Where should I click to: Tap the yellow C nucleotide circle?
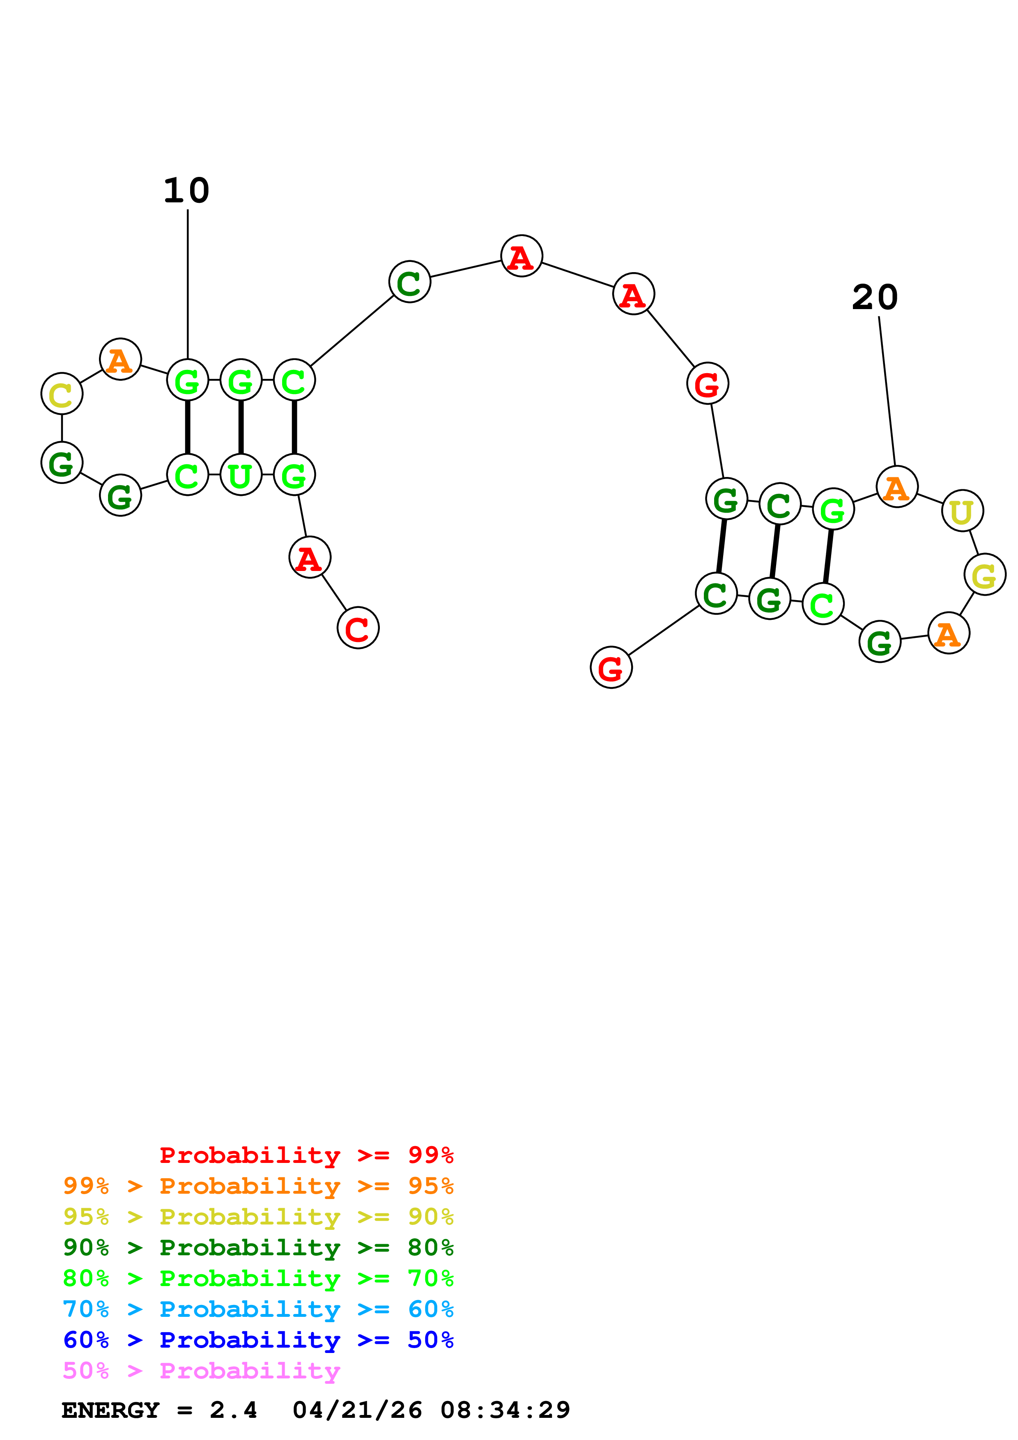[62, 394]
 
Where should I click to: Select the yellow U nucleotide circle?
[962, 511]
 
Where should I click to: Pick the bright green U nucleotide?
[241, 475]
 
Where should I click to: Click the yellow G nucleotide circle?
[985, 575]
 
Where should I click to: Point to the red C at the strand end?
[358, 628]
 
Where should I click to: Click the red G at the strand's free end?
[611, 667]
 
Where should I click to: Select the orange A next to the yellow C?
[120, 359]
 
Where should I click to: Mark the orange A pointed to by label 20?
[897, 487]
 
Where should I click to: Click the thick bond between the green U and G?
[241, 427]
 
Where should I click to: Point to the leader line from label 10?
[188, 282]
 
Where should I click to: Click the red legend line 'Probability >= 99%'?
[306, 1155]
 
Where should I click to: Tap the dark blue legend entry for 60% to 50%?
[258, 1340]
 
